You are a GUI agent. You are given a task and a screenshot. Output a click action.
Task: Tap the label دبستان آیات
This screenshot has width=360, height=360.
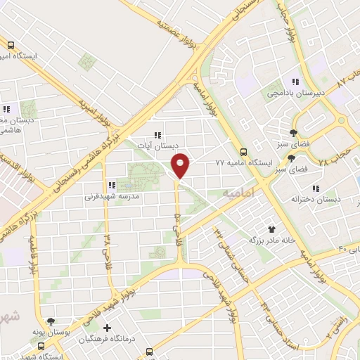[157, 146]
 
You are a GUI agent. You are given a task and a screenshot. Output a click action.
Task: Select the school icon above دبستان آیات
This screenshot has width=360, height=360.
[157, 135]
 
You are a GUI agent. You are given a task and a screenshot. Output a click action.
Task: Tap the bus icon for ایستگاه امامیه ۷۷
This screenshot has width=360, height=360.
[243, 151]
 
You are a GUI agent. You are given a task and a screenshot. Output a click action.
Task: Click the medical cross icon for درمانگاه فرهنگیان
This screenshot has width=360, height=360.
[107, 328]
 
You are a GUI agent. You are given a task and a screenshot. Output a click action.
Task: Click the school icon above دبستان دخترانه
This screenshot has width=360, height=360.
[316, 188]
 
